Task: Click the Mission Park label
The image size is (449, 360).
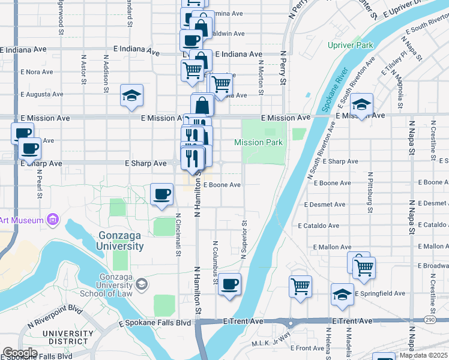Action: tap(258, 143)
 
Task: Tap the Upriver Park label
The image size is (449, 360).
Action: tap(351, 45)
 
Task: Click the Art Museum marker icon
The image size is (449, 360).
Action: tap(53, 220)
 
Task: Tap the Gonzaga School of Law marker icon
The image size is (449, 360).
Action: tap(142, 283)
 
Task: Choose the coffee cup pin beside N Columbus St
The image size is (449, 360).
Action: tap(229, 284)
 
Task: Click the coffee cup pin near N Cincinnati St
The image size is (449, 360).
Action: tap(161, 194)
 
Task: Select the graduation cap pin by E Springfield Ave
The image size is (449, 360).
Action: tap(342, 295)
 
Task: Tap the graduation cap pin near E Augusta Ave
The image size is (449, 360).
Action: tap(131, 95)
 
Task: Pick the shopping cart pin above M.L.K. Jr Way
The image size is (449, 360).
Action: tap(300, 285)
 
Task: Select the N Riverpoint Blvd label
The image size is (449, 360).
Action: tap(55, 317)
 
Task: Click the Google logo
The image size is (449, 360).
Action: tap(20, 353)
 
